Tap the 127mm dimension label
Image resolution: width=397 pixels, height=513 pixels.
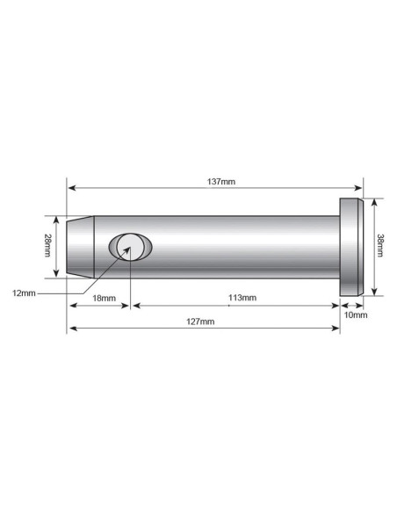coord(201,322)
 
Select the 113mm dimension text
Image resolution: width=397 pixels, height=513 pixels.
coord(242,298)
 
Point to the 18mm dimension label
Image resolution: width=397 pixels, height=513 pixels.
coord(104,298)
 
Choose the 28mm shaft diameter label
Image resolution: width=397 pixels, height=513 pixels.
coord(48,246)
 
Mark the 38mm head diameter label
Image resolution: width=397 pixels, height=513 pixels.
coord(379,246)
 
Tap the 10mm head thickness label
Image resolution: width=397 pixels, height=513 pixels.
coord(357,314)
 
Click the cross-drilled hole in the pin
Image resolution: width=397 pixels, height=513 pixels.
coord(129,247)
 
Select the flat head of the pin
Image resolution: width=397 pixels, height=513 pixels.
coord(351,247)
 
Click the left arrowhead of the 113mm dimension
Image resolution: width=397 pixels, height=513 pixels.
coord(135,305)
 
